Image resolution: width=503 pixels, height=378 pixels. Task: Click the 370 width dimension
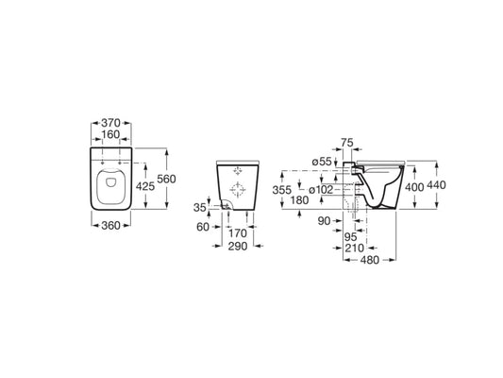tap(110, 123)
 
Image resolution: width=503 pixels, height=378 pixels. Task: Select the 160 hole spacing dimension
tap(110, 134)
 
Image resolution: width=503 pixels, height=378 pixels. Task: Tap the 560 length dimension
tap(166, 179)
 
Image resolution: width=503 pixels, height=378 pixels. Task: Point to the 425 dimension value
tap(145, 186)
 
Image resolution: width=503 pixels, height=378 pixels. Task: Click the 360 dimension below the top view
tap(110, 226)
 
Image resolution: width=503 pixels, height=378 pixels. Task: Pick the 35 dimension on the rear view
tap(199, 208)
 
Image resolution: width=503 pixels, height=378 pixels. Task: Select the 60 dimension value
tap(203, 227)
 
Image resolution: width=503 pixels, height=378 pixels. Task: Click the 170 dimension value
tap(238, 233)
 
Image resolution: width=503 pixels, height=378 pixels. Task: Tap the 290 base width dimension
tap(238, 247)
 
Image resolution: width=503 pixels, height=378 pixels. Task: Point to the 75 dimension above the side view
tap(347, 143)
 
